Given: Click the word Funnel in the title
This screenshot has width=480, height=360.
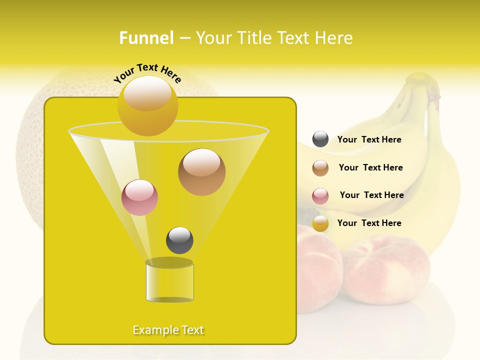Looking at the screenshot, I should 146,38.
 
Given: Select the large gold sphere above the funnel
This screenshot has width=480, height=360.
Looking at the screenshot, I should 148,105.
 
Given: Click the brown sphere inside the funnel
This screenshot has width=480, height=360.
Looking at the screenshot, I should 201,172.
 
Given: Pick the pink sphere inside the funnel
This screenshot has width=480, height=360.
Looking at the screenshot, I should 140,197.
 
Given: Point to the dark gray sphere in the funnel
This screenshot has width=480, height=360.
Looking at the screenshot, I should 179,240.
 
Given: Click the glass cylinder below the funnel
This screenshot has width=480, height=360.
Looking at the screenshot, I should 169,282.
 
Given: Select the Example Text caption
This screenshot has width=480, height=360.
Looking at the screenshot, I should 168,330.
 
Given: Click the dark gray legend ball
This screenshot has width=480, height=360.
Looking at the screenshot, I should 320,139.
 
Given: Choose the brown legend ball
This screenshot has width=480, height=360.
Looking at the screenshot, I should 320,168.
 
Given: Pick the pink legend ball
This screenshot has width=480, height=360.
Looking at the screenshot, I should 320,196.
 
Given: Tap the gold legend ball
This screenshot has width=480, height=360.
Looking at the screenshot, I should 320,223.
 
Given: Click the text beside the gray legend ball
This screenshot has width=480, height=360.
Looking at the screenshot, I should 369,139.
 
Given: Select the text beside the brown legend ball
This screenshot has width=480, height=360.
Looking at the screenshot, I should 370,167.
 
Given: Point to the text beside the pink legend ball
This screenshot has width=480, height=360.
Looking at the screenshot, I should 371,195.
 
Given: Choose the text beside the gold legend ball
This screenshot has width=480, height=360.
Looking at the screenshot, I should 369,223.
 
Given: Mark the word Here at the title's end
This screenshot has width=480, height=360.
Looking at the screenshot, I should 334,38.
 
